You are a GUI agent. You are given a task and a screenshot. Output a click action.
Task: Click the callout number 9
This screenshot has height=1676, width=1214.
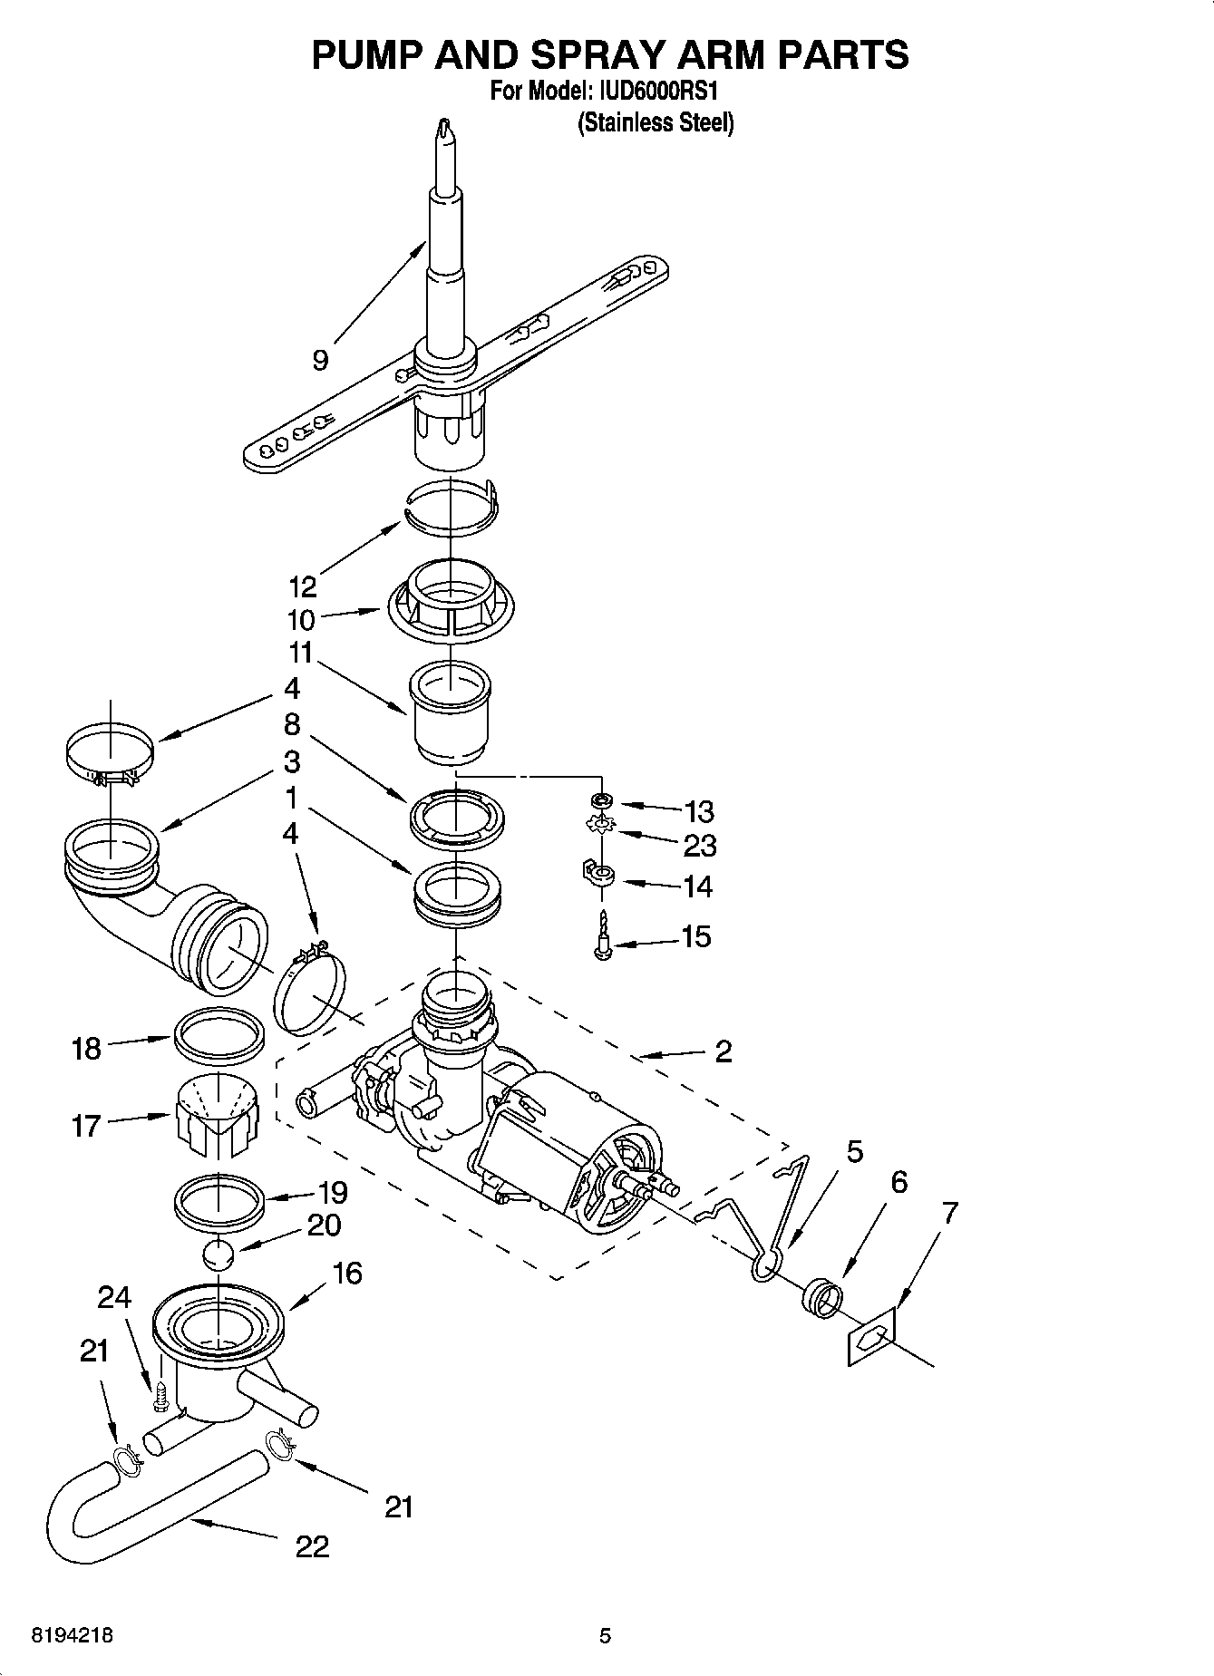(321, 361)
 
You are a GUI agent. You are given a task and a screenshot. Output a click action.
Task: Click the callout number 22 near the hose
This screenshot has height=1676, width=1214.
(311, 1545)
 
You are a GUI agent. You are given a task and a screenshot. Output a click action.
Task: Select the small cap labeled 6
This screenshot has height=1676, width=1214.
(820, 1294)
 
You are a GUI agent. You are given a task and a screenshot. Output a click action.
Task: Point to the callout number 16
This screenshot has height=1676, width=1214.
(346, 1274)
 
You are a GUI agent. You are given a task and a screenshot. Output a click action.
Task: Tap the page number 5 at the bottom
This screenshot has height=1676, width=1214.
(605, 1636)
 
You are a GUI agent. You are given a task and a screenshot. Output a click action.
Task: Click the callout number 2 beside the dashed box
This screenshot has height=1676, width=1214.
(723, 1051)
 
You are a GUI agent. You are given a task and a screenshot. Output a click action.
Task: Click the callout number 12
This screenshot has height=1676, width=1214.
(302, 586)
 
